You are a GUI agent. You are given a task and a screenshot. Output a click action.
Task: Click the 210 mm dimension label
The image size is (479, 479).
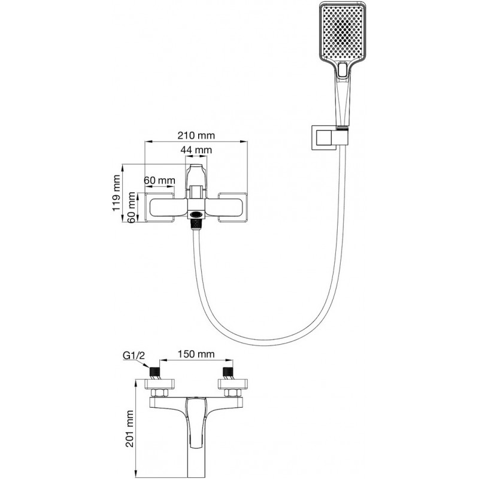coord(196,135)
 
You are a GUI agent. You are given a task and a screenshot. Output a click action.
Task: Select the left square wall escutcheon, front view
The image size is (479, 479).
coord(146,208)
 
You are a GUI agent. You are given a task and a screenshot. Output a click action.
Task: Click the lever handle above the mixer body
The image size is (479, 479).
coord(195,175)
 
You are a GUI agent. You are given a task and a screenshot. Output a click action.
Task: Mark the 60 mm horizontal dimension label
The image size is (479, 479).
coord(159,180)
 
